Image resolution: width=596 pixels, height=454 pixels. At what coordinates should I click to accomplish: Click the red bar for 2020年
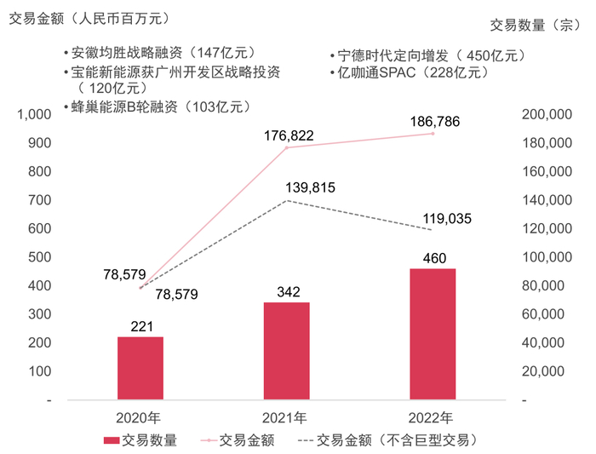pyautogui.click(x=140, y=367)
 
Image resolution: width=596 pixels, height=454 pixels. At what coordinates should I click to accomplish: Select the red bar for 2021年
pyautogui.click(x=287, y=350)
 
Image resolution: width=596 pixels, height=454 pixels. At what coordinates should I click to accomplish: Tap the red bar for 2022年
pyautogui.click(x=433, y=333)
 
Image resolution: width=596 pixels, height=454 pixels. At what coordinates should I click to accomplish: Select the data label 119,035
pyautogui.click(x=447, y=219)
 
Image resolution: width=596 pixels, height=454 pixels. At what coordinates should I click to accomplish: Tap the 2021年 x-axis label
pyautogui.click(x=287, y=418)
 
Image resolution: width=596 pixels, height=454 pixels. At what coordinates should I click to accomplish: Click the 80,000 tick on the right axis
pyautogui.click(x=547, y=285)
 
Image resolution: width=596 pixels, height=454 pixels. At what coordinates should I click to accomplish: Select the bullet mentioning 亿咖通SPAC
pyautogui.click(x=410, y=72)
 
